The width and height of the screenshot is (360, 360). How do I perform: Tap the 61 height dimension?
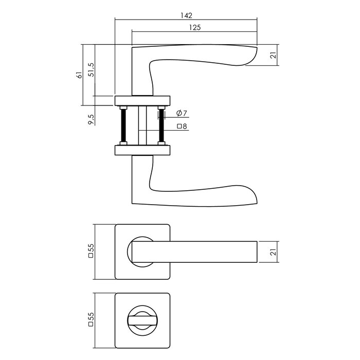coord(79,75)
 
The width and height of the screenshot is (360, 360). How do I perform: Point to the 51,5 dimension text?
coord(91,70)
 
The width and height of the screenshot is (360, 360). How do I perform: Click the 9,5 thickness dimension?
coord(91,120)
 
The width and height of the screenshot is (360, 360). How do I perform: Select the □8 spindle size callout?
coord(181,126)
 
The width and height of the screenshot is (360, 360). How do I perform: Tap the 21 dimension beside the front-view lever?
coord(274,252)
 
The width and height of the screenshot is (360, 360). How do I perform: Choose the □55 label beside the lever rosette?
coord(91,252)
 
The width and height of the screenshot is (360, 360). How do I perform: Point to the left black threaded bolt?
coord(123,125)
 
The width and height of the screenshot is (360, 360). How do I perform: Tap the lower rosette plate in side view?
coord(142,150)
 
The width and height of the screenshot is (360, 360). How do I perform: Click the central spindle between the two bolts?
coord(142,125)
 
